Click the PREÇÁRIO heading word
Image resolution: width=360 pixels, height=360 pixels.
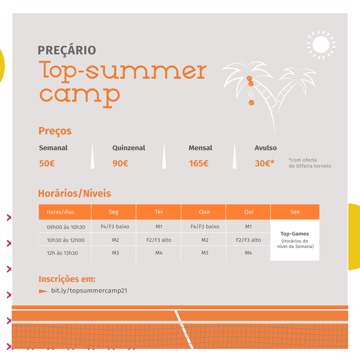click(x=67, y=50)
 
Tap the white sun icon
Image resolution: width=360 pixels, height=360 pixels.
click(x=321, y=45)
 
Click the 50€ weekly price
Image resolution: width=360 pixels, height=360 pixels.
click(x=47, y=163)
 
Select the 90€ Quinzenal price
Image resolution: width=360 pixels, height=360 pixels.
click(x=120, y=163)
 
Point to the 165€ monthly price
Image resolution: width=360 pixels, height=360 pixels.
click(x=199, y=163)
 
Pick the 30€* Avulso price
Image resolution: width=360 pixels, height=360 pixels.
click(x=264, y=163)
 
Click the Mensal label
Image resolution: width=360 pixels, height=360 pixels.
click(x=200, y=148)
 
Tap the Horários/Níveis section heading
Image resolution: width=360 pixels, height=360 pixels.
click(x=74, y=193)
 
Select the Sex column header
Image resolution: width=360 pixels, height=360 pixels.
click(x=295, y=212)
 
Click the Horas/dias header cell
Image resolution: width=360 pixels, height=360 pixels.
click(x=61, y=212)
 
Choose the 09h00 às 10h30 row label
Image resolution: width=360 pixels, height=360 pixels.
click(x=66, y=227)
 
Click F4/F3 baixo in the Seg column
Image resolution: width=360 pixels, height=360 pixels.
click(x=115, y=227)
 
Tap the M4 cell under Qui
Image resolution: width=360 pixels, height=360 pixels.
click(x=248, y=253)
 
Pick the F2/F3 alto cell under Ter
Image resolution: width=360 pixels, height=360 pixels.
click(x=159, y=240)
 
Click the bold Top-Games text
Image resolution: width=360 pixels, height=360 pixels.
click(x=295, y=234)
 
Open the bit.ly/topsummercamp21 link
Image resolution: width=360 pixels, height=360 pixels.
click(x=89, y=291)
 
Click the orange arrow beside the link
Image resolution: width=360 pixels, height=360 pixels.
click(x=43, y=291)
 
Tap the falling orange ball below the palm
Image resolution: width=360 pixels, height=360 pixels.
click(x=251, y=103)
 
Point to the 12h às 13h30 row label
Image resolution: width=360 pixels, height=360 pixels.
click(x=62, y=253)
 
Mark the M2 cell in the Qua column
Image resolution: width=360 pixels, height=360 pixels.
click(x=205, y=240)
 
